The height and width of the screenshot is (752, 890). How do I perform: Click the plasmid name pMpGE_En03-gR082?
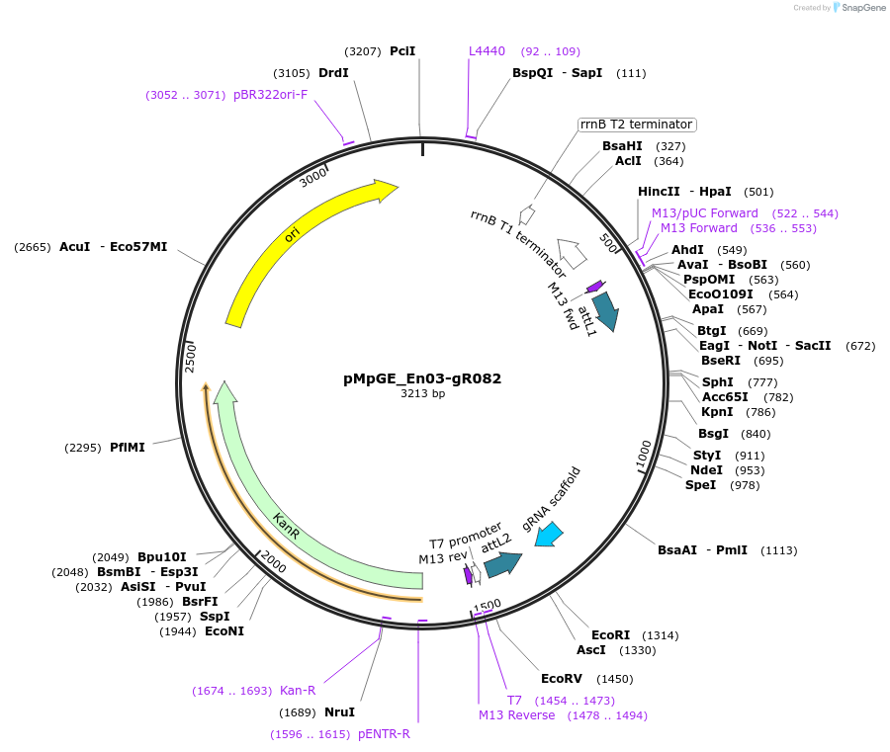pos(422,377)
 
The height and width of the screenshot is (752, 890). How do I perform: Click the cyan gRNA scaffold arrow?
pos(549,535)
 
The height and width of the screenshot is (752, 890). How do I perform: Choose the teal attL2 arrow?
pos(502,564)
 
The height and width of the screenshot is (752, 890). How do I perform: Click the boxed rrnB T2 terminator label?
pos(636,125)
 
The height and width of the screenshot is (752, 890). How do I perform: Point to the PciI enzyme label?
pos(402,50)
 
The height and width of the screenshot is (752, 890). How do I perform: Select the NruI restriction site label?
pos(339,711)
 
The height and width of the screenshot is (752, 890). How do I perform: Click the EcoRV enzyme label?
pos(561,678)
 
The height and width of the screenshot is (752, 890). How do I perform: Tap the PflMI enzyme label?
pos(128,447)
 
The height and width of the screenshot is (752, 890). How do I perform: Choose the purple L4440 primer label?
pos(487,50)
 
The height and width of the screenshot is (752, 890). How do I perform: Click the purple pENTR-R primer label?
pos(384,734)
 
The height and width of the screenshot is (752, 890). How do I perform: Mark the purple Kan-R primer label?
pos(298,690)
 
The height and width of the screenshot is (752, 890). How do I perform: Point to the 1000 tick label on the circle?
pos(644,457)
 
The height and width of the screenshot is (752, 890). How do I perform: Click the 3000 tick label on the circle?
pos(312,177)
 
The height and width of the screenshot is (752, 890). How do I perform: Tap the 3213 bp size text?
pos(422,393)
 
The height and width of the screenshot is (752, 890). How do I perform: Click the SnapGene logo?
pos(856,8)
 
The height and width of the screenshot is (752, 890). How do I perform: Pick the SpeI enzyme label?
pos(700,484)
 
